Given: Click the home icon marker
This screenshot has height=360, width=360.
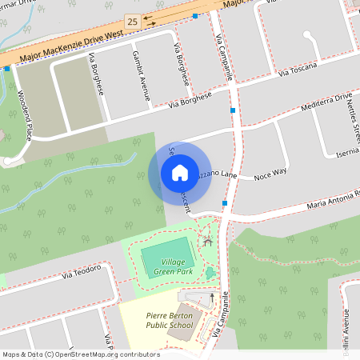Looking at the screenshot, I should pos(180,173).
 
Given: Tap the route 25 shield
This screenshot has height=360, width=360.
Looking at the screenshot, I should pos(132,19).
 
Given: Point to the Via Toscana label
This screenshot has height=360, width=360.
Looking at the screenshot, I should pos(298,70).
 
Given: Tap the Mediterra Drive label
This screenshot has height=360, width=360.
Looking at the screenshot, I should pos(326,102).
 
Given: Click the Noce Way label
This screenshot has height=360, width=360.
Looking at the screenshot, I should pos(270,172).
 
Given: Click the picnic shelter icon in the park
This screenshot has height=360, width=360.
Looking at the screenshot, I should pos(208,240).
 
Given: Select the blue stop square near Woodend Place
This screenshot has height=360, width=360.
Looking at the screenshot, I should pos(7,69).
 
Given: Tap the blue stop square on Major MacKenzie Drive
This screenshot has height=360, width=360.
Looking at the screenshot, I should pos(196,15).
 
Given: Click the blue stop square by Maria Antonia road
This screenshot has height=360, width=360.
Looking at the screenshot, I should pos(224,203).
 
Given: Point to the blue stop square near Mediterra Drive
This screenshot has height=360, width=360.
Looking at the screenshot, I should pos(233,110).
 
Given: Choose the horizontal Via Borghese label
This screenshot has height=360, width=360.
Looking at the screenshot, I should pos(190,99).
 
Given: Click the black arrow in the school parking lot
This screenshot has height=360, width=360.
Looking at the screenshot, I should pos(212,297).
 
